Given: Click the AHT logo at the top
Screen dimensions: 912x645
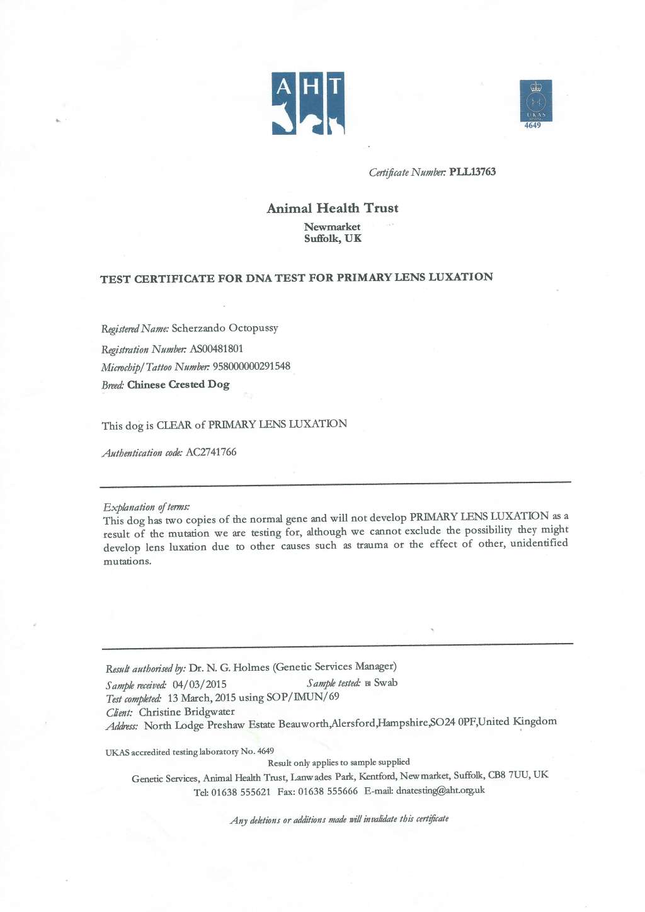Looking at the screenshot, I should [x=308, y=103].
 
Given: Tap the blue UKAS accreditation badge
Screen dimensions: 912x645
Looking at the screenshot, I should [x=535, y=101].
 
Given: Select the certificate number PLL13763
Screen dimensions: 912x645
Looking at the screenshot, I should [x=472, y=172].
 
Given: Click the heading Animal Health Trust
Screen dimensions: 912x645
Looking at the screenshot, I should [x=332, y=208].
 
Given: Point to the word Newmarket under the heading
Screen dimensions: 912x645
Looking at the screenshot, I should [x=332, y=227].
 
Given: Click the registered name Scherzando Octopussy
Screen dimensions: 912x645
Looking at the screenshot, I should [x=225, y=328].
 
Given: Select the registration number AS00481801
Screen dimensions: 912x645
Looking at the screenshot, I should [x=216, y=349].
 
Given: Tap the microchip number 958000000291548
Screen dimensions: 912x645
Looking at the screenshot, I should [x=251, y=367].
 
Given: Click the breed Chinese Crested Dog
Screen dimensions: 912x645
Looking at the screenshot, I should [x=178, y=384].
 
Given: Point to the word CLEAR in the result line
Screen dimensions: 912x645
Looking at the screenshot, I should [x=174, y=425].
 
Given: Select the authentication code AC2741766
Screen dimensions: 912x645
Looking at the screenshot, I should [x=211, y=452].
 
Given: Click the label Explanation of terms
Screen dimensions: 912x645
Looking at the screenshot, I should [x=146, y=507].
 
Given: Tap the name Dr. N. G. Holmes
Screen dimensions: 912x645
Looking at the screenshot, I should [x=229, y=668].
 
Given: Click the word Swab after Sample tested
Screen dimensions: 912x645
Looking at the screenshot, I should [x=385, y=683].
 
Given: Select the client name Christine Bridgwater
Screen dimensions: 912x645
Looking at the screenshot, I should [x=186, y=712].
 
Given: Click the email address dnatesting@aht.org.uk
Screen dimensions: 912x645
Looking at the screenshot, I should [x=440, y=790].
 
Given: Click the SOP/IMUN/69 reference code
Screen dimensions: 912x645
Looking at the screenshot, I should [x=302, y=697].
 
